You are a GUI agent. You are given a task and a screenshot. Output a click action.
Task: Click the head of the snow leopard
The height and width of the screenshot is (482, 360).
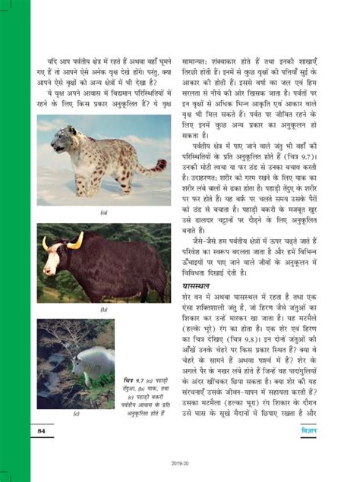coord(62,138)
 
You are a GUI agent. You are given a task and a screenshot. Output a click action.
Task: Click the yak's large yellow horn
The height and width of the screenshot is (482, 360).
coord(76,241)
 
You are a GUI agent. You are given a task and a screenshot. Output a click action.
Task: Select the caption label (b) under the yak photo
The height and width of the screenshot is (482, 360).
coord(104,310)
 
